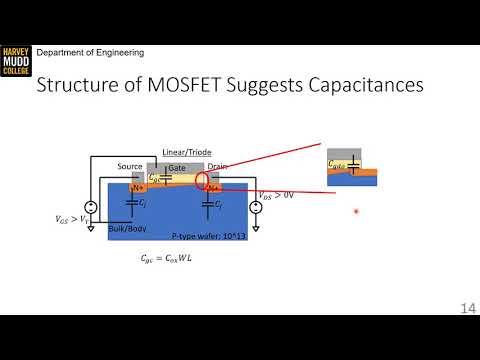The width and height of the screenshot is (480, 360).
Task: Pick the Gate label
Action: [178, 167]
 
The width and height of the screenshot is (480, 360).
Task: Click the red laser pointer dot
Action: [356, 212]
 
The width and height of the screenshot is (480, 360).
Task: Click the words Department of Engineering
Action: [91, 52]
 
